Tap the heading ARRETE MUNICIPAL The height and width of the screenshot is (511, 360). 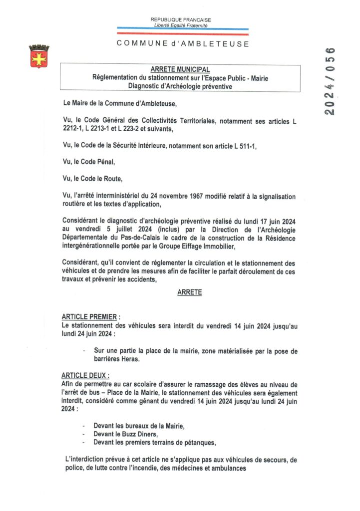click(x=180, y=69)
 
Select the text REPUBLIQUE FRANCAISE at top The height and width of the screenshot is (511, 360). click(x=181, y=19)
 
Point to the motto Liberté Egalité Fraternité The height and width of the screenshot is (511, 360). click(x=181, y=25)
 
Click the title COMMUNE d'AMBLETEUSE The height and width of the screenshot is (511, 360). click(x=183, y=43)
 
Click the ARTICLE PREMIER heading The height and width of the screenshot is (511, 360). click(x=89, y=317)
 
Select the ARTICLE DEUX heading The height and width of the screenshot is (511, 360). click(x=85, y=375)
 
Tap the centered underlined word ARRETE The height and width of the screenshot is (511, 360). click(x=190, y=292)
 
